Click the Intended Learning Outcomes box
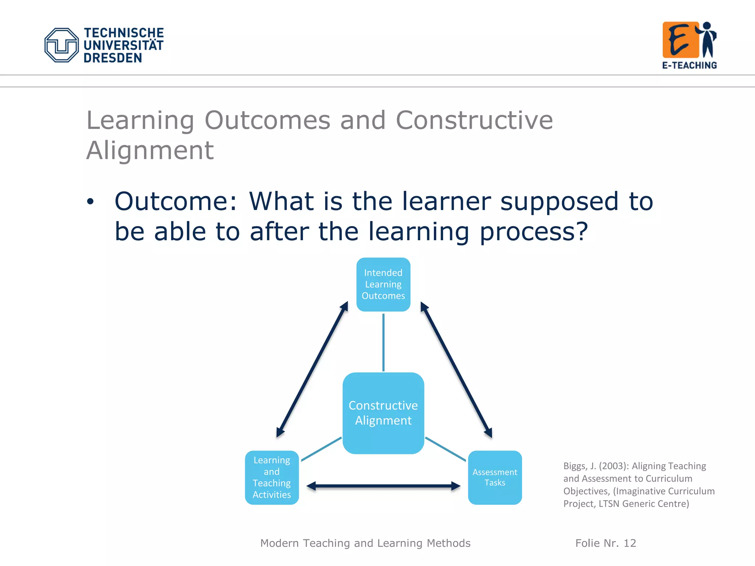[383, 284]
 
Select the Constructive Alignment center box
[383, 413]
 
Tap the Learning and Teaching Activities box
[272, 478]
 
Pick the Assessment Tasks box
[495, 478]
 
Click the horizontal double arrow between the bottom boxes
[383, 486]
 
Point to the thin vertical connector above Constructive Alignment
[383, 342]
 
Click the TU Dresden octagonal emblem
[62, 45]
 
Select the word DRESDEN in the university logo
[112, 58]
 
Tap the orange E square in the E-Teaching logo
[681, 40]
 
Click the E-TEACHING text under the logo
[689, 65]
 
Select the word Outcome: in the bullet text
[176, 202]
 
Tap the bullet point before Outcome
[90, 202]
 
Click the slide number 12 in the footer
[630, 543]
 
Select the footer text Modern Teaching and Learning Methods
[365, 543]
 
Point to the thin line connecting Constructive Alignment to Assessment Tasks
[445, 449]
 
